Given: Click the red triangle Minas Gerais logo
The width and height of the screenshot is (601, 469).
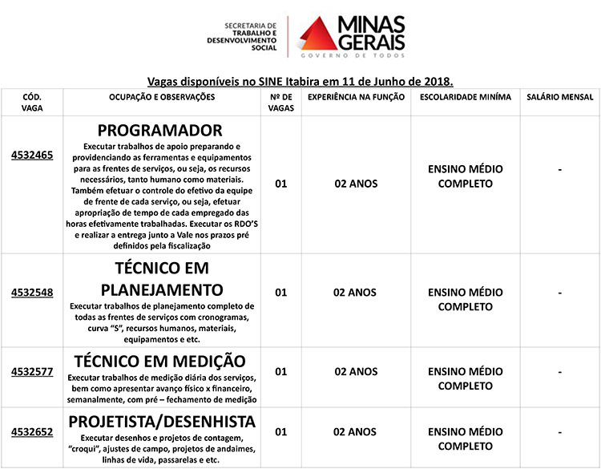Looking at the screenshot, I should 317,37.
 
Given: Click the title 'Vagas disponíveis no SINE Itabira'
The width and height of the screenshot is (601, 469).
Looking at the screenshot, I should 300,81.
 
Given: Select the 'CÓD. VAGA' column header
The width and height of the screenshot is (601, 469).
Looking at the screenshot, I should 32,102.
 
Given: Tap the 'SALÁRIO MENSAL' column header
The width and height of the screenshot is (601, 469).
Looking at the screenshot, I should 559,96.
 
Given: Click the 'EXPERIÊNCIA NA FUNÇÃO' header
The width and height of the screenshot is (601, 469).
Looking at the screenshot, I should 355,96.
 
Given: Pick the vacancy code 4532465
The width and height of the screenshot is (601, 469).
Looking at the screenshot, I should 32,155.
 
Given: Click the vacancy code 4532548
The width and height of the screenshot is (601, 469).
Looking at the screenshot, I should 32,293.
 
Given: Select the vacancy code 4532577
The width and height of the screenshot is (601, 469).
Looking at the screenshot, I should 32,371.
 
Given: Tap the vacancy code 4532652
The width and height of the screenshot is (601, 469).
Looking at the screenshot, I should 32,432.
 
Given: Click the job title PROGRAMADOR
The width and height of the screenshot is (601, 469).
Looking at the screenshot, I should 159,130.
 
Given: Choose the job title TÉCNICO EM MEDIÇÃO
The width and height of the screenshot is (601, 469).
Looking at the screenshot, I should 159,361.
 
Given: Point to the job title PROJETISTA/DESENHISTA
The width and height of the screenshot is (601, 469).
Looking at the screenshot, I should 162,422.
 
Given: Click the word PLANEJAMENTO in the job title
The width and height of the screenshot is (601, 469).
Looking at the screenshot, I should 162,289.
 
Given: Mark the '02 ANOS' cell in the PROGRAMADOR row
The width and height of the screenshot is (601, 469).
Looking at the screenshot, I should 355,184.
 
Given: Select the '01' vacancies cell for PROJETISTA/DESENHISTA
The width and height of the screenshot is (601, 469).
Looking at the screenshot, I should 280,432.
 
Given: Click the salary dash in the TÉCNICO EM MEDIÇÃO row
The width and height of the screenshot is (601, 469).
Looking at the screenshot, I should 559,372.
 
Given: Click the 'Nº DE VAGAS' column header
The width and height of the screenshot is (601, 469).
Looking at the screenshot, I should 280,102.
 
